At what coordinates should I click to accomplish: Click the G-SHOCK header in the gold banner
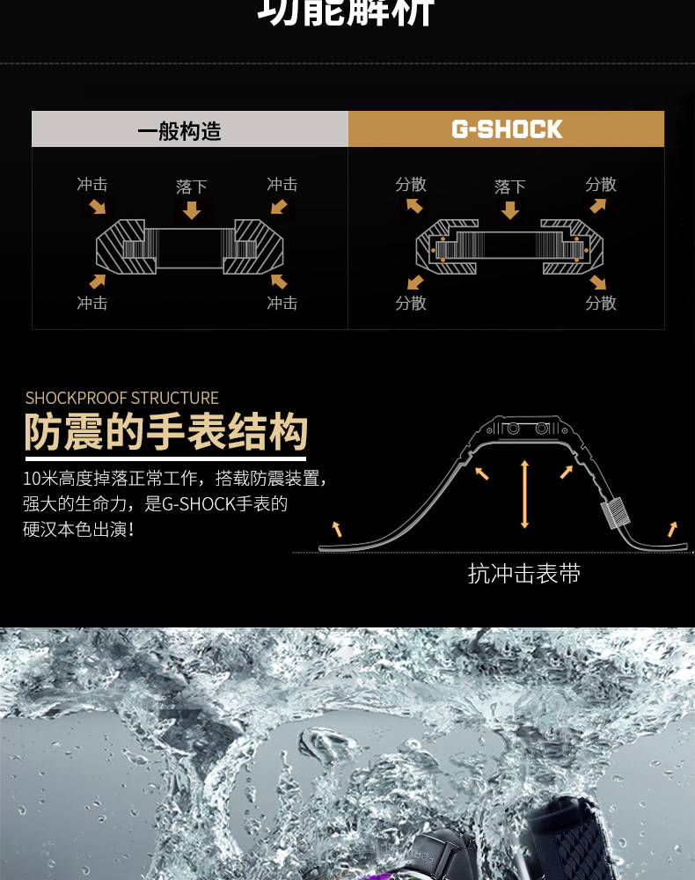click(507, 129)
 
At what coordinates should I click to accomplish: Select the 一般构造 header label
click(179, 131)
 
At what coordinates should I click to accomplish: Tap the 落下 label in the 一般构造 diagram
click(192, 187)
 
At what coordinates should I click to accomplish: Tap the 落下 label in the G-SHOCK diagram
click(509, 187)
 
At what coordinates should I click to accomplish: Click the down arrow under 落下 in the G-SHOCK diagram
click(509, 210)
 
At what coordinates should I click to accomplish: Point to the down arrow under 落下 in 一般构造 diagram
click(192, 210)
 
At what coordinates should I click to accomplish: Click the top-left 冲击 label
click(92, 184)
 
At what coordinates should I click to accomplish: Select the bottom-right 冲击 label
click(282, 303)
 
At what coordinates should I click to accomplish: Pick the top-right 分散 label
click(601, 184)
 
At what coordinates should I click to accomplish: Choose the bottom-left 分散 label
click(411, 303)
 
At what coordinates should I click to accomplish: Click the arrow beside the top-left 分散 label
click(413, 207)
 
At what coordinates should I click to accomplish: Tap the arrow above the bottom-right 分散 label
click(598, 282)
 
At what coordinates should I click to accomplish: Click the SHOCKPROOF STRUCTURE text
click(122, 398)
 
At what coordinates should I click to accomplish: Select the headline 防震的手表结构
click(166, 433)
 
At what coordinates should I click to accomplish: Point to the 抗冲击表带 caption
click(524, 574)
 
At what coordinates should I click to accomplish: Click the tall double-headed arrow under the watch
click(524, 494)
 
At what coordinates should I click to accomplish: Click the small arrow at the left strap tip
click(335, 528)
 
